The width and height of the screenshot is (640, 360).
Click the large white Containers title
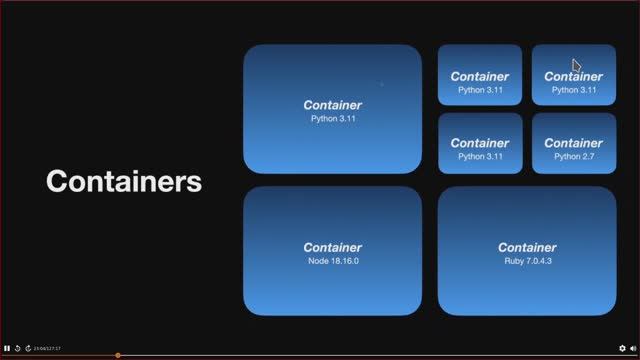[124, 182]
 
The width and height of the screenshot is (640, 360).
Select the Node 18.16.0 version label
[332, 261]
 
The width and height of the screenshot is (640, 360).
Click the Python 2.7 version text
[573, 156]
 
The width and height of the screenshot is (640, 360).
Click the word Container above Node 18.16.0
[332, 247]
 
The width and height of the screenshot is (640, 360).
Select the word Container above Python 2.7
[573, 143]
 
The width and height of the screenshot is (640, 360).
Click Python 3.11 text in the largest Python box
[332, 119]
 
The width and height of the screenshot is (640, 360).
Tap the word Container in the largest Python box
[332, 105]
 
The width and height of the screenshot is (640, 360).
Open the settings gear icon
[622, 348]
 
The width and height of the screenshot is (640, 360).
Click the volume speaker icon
[633, 348]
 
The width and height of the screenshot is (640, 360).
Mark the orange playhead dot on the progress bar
[118, 355]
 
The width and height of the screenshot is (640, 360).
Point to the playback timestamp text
[47, 348]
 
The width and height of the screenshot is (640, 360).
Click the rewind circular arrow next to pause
[17, 348]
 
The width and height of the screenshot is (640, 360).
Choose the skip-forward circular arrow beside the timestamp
[28, 348]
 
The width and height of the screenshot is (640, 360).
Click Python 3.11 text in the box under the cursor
[573, 89]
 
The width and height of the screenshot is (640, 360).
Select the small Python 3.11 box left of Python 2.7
[479, 143]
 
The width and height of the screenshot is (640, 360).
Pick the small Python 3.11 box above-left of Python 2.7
[479, 75]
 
